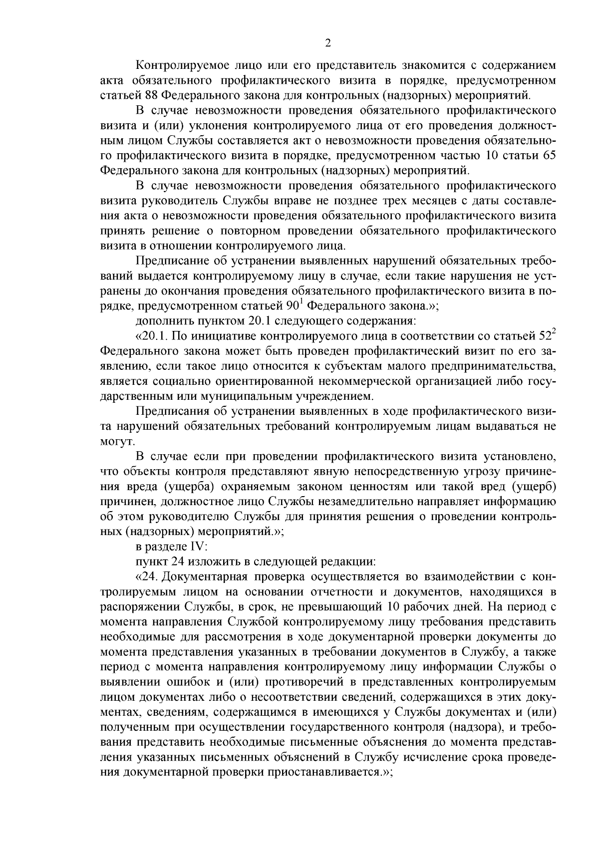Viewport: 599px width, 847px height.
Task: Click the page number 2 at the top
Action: (327, 43)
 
